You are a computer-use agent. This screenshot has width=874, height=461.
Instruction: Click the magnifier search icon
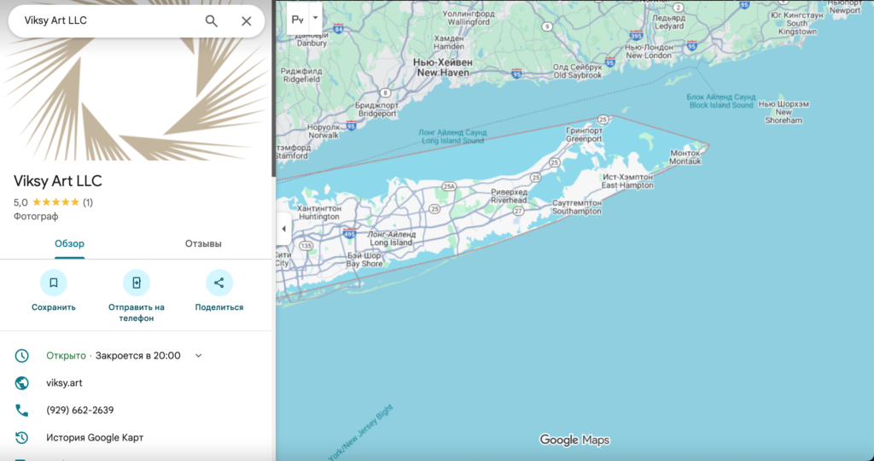pyautogui.click(x=211, y=21)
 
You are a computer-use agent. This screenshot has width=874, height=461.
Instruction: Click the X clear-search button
pyautogui.click(x=246, y=21)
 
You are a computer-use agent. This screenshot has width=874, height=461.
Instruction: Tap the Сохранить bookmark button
pyautogui.click(x=53, y=283)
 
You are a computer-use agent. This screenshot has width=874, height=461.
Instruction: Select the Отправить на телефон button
pyautogui.click(x=136, y=283)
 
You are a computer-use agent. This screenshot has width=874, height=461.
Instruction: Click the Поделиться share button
pyautogui.click(x=218, y=283)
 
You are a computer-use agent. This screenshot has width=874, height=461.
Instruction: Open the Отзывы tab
pyautogui.click(x=203, y=244)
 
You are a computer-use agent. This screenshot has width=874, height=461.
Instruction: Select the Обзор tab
pyautogui.click(x=69, y=244)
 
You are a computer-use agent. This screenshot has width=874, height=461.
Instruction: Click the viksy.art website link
pyautogui.click(x=64, y=383)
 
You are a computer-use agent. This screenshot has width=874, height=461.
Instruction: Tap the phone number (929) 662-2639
pyautogui.click(x=79, y=411)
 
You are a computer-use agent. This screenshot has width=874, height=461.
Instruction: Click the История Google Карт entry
pyautogui.click(x=94, y=438)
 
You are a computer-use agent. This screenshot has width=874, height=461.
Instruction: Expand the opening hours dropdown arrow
pyautogui.click(x=199, y=356)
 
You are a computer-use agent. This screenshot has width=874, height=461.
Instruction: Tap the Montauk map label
pyautogui.click(x=684, y=157)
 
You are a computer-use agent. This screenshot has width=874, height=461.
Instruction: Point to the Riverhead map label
pyautogui.click(x=510, y=196)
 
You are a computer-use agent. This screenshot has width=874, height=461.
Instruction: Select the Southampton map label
pyautogui.click(x=577, y=207)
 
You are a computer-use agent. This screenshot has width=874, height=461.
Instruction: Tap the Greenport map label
pyautogui.click(x=584, y=135)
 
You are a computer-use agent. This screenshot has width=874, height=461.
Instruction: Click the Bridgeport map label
pyautogui.click(x=376, y=109)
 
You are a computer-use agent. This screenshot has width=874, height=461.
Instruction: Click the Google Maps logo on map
pyautogui.click(x=574, y=441)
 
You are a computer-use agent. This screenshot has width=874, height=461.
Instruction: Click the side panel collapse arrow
pyautogui.click(x=283, y=229)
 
